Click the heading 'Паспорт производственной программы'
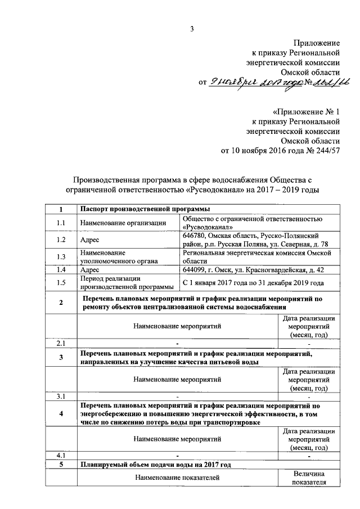pos(139,210)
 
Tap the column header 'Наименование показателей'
pos(177,478)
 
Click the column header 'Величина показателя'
pos(309,478)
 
